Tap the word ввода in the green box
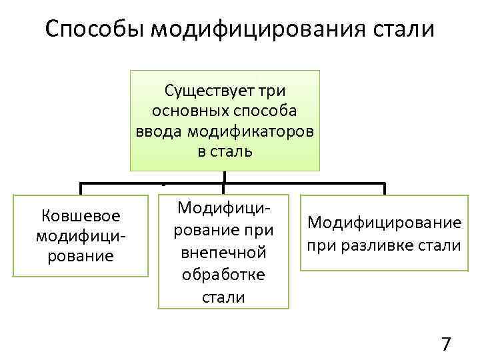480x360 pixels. point(159,131)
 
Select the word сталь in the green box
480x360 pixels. point(231,151)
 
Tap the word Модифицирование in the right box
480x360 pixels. point(383,222)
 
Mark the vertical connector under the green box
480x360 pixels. point(225,177)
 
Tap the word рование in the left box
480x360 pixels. point(81,256)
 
